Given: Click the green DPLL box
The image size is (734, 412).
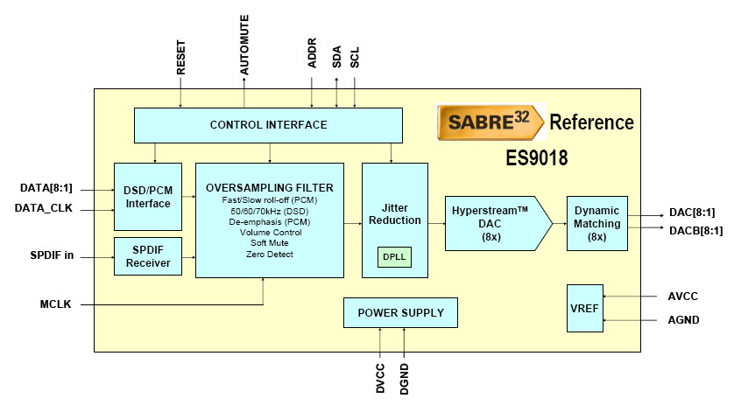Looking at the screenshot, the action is [394, 257].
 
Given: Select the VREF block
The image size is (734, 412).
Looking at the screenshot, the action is [585, 308].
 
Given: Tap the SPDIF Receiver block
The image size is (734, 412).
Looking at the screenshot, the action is [148, 256].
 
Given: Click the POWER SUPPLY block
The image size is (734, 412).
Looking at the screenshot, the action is [400, 312].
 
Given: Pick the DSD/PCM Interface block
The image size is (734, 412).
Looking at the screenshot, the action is [148, 197].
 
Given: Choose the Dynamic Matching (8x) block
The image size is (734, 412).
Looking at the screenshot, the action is [596, 224].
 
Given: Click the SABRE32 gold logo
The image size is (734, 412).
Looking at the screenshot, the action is [491, 122].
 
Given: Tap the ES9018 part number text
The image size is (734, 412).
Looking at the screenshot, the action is [537, 157].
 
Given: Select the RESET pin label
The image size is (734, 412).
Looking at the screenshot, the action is [180, 57].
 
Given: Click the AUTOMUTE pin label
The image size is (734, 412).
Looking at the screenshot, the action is [243, 45].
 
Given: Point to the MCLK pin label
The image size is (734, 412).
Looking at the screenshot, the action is [55, 304].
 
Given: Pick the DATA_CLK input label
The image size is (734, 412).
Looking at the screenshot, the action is [44, 208].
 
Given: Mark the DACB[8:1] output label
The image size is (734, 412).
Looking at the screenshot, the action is [695, 231].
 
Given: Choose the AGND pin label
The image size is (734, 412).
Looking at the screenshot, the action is [683, 320].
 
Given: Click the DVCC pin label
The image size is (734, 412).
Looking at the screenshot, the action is [380, 379].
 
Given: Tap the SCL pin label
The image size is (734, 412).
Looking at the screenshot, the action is [355, 57].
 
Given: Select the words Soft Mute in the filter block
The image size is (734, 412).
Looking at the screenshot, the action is [270, 242].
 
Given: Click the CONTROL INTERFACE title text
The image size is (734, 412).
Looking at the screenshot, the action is [268, 125].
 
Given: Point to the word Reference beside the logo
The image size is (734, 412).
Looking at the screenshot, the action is [592, 122].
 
